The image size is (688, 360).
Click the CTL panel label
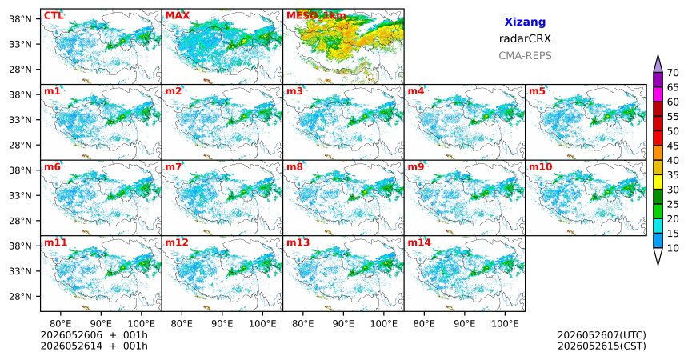point(54,16)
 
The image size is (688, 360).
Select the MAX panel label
point(178,16)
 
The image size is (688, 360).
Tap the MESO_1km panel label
point(316,16)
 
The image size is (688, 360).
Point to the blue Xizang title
point(525,22)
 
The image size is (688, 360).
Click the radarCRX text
point(525,38)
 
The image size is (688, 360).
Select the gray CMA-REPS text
point(525,56)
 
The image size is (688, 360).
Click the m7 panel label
point(173,167)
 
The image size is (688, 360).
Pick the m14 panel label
point(419,242)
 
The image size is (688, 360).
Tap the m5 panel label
point(537,91)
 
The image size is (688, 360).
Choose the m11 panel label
point(55,242)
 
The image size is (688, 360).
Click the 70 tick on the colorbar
point(673,73)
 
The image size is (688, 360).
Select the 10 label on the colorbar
point(673,248)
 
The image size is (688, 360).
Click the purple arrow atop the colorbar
point(658,64)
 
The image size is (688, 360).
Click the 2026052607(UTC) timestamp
point(602,335)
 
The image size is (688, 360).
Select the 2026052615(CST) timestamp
point(602,346)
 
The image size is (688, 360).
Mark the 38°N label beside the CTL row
point(20,19)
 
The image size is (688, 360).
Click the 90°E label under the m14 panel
point(465,324)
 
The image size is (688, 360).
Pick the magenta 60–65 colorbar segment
point(658,94)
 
